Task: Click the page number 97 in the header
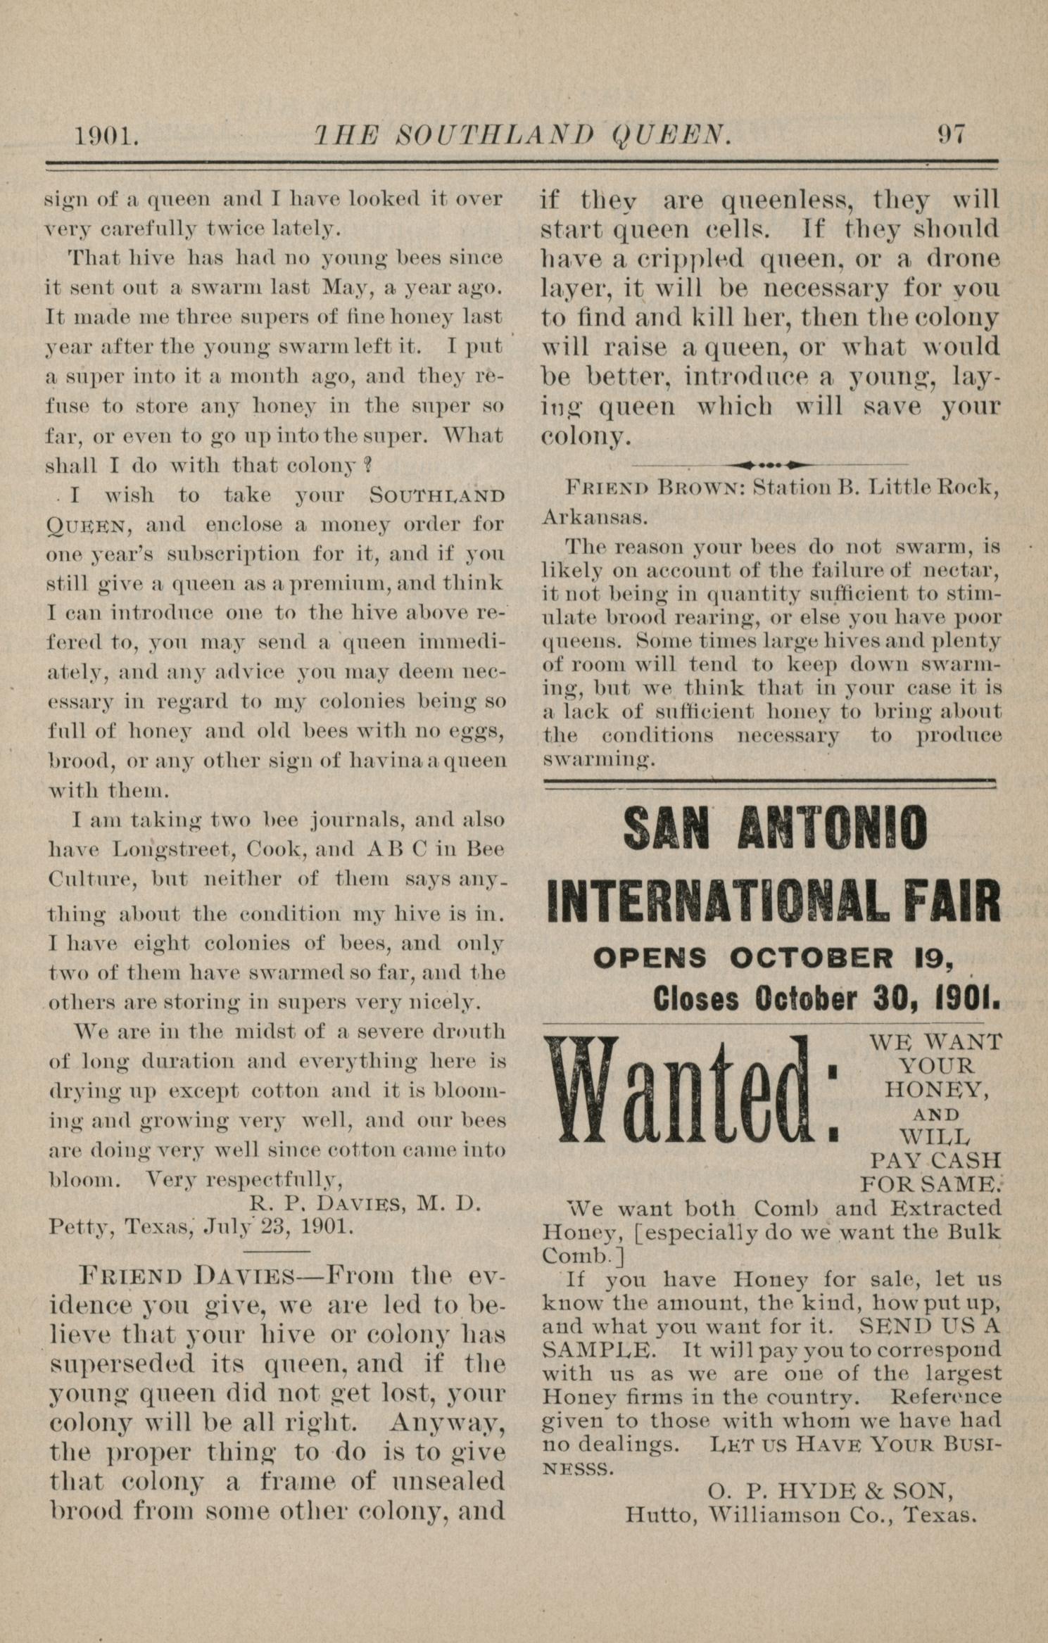[x=951, y=134]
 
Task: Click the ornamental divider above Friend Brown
[x=771, y=464]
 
